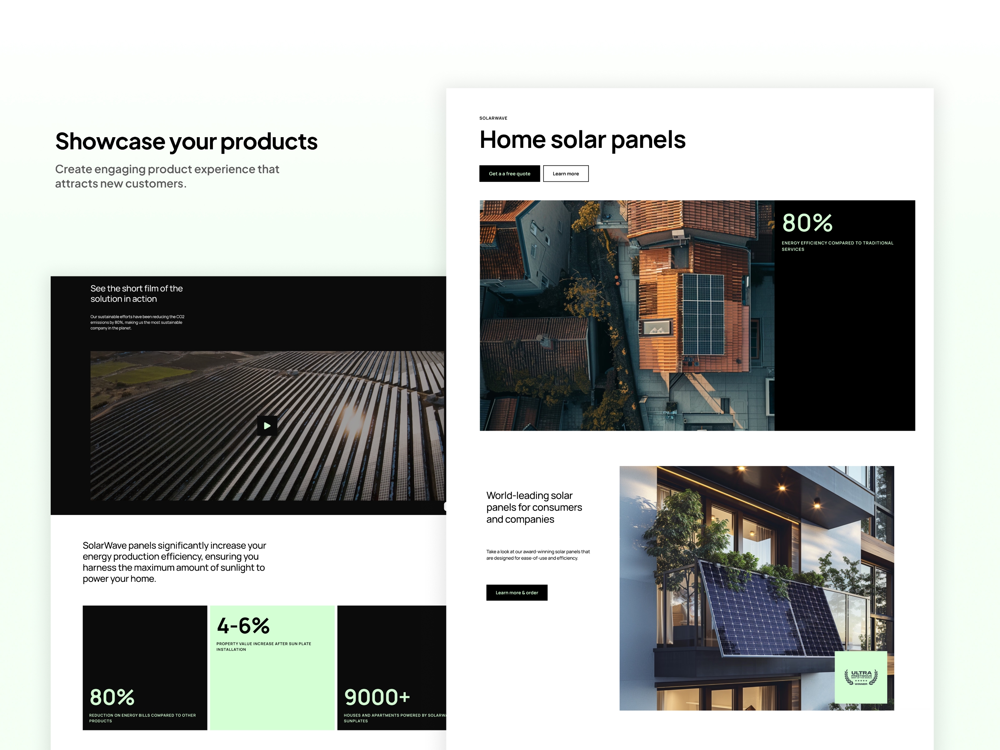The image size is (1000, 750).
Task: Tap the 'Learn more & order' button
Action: click(x=516, y=592)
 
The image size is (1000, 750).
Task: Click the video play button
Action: click(x=267, y=425)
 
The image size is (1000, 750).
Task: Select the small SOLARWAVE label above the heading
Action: click(x=493, y=118)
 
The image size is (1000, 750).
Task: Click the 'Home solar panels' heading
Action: click(x=582, y=140)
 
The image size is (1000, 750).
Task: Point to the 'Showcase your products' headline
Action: click(x=186, y=141)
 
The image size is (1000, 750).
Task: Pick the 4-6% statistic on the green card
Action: click(x=243, y=626)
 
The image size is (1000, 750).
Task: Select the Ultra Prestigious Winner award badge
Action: click(x=860, y=677)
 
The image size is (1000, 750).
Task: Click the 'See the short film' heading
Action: click(x=136, y=294)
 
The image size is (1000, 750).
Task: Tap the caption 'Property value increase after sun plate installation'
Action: click(x=263, y=646)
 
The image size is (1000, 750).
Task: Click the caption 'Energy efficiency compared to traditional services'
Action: click(x=837, y=246)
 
